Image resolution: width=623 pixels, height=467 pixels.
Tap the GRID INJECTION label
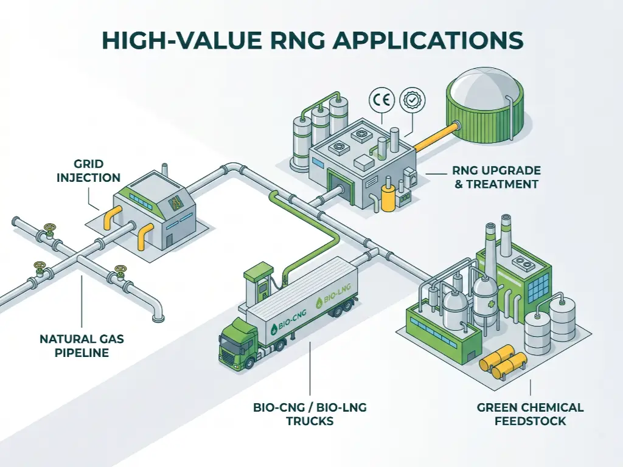click(89, 171)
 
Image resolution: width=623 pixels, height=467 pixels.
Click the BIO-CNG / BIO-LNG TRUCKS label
click(310, 413)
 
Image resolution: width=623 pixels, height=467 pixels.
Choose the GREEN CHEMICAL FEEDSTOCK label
click(530, 413)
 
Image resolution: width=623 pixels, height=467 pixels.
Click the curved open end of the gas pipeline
click(158, 313)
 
